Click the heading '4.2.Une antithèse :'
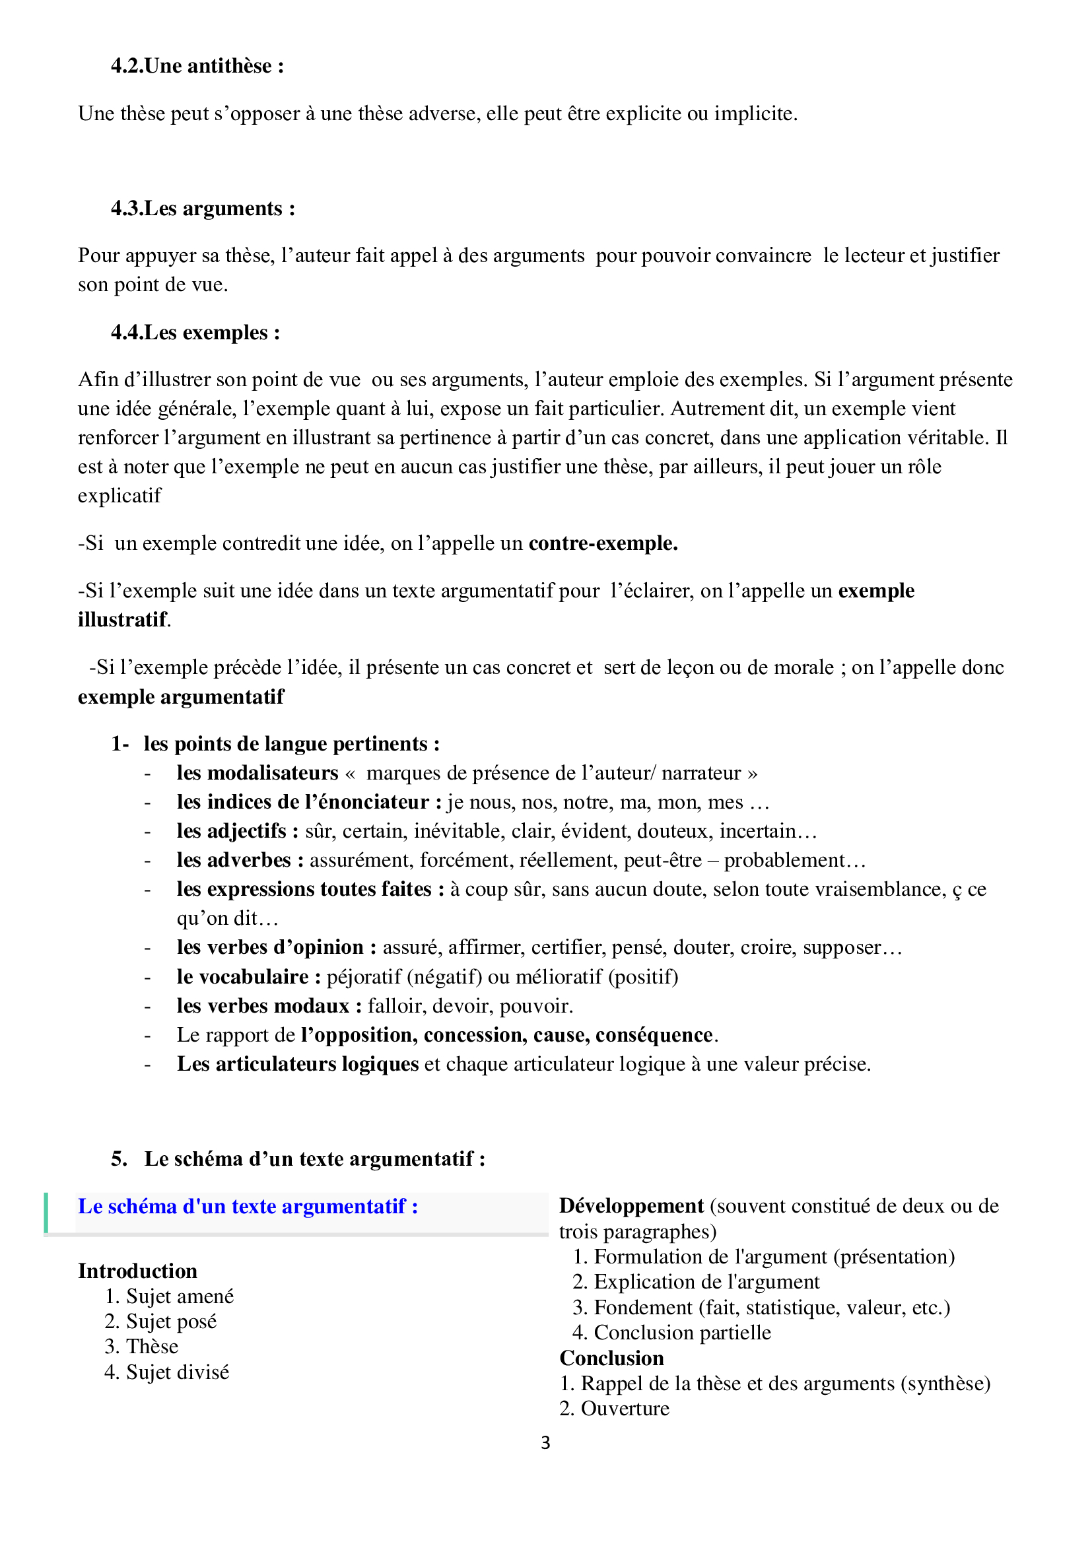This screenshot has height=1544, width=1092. (x=197, y=66)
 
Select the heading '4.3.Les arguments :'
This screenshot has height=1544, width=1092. (x=203, y=209)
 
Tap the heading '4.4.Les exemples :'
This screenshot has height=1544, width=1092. (x=195, y=332)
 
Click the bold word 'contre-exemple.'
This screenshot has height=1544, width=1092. (x=603, y=543)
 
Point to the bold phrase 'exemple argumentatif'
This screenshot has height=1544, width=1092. (x=181, y=696)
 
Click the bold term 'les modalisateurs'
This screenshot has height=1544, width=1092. (x=257, y=773)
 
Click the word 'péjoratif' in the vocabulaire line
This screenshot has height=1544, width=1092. (x=364, y=976)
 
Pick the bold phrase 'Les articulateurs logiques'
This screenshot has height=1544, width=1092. (x=298, y=1064)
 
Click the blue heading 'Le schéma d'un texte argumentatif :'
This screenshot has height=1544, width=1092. (x=248, y=1207)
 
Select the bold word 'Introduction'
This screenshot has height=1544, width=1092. (x=137, y=1271)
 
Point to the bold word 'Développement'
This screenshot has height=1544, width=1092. (x=631, y=1206)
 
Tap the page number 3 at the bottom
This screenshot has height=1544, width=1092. (x=545, y=1442)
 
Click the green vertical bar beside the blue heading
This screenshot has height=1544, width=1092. (x=46, y=1213)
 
